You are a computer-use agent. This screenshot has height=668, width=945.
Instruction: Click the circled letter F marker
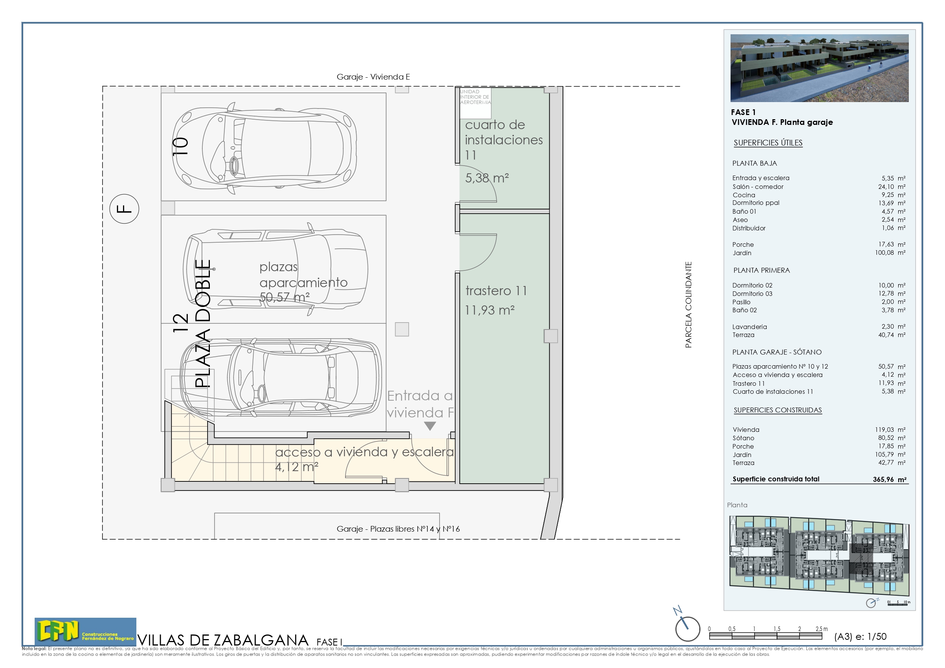tap(124, 209)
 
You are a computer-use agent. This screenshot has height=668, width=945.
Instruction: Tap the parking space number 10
tap(180, 147)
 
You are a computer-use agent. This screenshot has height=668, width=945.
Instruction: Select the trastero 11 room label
tap(496, 291)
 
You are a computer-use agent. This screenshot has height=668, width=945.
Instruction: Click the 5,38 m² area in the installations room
tap(487, 178)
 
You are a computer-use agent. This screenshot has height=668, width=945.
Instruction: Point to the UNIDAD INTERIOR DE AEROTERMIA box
tap(475, 97)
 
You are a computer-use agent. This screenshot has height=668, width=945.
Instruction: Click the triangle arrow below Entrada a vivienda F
tap(430, 426)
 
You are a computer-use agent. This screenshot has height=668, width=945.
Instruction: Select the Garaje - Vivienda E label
tap(373, 77)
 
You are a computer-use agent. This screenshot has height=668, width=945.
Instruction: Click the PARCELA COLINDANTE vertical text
tap(688, 305)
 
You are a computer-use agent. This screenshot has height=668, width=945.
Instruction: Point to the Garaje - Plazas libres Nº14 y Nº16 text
tap(398, 529)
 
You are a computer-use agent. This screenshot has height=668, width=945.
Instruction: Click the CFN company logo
tap(85, 631)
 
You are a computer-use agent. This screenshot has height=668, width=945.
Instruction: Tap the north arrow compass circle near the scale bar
tap(688, 629)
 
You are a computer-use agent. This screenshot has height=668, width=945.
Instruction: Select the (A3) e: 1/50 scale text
tap(860, 637)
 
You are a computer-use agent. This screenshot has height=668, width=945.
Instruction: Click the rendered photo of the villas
tap(819, 68)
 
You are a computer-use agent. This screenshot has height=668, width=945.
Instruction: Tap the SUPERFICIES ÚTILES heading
tap(768, 143)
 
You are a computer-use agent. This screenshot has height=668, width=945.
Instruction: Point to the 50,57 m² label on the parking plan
tap(285, 297)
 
